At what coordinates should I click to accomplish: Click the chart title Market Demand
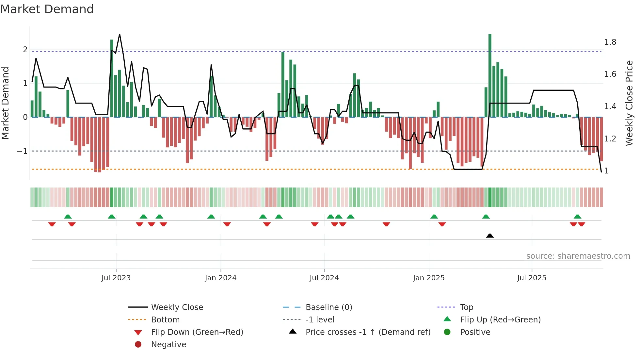[x=47, y=9]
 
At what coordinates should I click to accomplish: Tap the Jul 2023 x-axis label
[x=116, y=278]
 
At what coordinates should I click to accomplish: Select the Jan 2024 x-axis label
[x=220, y=278]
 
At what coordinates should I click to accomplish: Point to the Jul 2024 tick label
[x=324, y=278]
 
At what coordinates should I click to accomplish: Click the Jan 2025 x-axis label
[x=428, y=278]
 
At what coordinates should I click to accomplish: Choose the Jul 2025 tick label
[x=532, y=278]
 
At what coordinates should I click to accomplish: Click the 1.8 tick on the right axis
[x=610, y=42]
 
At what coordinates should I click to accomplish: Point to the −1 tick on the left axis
[x=22, y=151]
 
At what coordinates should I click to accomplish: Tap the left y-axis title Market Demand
[x=6, y=103]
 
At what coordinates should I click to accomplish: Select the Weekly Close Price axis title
[x=629, y=103]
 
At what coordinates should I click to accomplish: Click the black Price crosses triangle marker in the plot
[x=490, y=236]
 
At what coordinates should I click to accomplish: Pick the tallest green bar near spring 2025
[x=490, y=75]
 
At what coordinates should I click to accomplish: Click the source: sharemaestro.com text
[x=578, y=256]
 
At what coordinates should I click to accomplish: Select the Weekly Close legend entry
[x=177, y=307]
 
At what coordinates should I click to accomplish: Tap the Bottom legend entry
[x=165, y=320]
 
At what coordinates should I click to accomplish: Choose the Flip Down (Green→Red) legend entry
[x=197, y=332]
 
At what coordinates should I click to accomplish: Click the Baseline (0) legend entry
[x=328, y=307]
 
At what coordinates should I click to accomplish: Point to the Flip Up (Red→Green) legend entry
[x=500, y=320]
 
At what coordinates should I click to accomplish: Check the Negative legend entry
[x=168, y=345]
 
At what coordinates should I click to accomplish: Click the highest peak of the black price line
[x=120, y=34]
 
